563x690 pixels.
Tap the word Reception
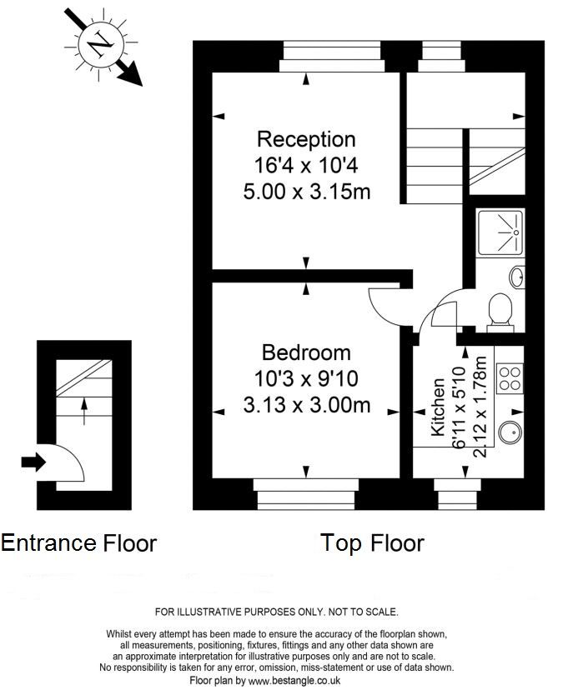click(x=306, y=139)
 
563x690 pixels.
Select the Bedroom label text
click(x=306, y=352)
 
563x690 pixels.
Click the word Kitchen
click(x=438, y=408)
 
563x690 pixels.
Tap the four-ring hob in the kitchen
click(x=509, y=379)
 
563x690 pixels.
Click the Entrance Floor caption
click(x=78, y=543)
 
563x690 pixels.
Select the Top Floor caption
click(x=372, y=543)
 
